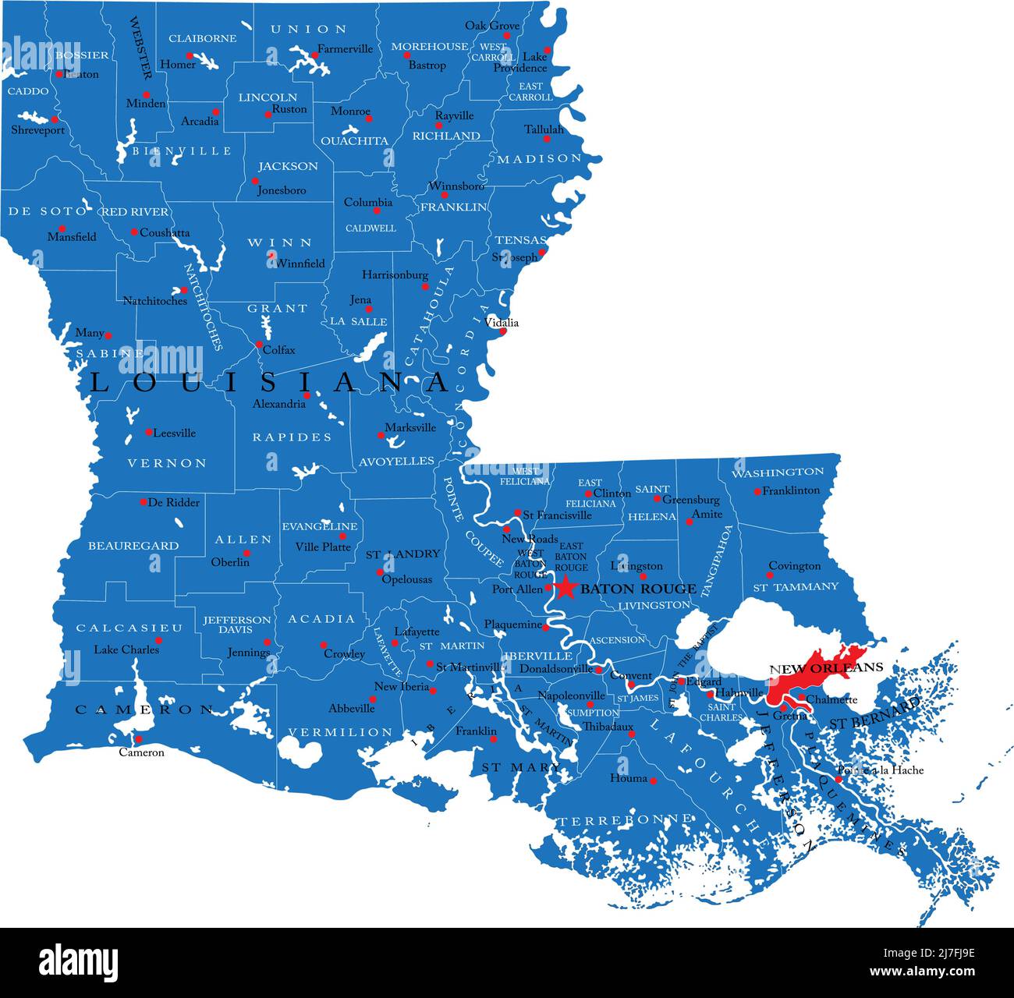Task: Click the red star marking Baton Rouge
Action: (x=566, y=587)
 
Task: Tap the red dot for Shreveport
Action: (x=55, y=119)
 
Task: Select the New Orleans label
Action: (x=826, y=667)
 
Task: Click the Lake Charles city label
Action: (x=126, y=649)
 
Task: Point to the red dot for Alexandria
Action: (x=307, y=395)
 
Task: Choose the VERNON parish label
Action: (x=167, y=463)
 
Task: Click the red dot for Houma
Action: (x=653, y=780)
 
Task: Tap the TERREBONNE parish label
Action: (x=623, y=819)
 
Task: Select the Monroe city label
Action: (x=350, y=111)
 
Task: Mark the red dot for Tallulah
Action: (x=547, y=140)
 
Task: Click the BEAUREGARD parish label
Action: (x=133, y=546)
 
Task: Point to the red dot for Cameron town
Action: (x=139, y=739)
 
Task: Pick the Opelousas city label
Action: (x=406, y=579)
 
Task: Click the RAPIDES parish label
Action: (x=292, y=437)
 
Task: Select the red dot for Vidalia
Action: (x=503, y=331)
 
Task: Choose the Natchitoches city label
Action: (x=154, y=300)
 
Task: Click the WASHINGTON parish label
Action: (x=777, y=472)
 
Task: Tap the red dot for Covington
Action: (x=770, y=575)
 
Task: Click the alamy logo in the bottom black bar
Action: (x=78, y=961)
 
